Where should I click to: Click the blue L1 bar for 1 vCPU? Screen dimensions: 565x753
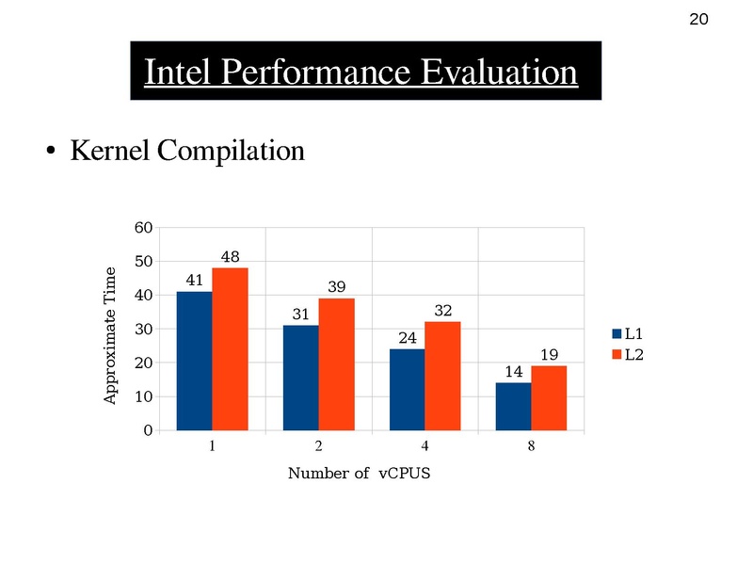pos(194,361)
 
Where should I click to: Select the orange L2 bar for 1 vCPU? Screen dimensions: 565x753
pos(230,349)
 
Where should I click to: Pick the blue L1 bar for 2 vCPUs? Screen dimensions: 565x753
pos(300,378)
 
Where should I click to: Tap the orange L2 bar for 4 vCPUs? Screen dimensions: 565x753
pos(442,376)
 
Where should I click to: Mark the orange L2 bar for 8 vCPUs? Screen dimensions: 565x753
pos(549,398)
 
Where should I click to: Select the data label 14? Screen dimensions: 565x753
pos(513,372)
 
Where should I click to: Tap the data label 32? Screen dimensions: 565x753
pos(443,310)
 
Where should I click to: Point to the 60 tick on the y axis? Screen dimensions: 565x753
pos(143,228)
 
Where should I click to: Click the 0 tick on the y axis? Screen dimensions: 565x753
pos(147,430)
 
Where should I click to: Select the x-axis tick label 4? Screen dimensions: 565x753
pos(425,446)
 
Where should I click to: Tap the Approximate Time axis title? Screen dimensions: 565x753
pos(109,336)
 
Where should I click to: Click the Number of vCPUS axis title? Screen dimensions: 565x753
pos(359,473)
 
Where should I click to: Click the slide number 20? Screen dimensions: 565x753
pos(698,20)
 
